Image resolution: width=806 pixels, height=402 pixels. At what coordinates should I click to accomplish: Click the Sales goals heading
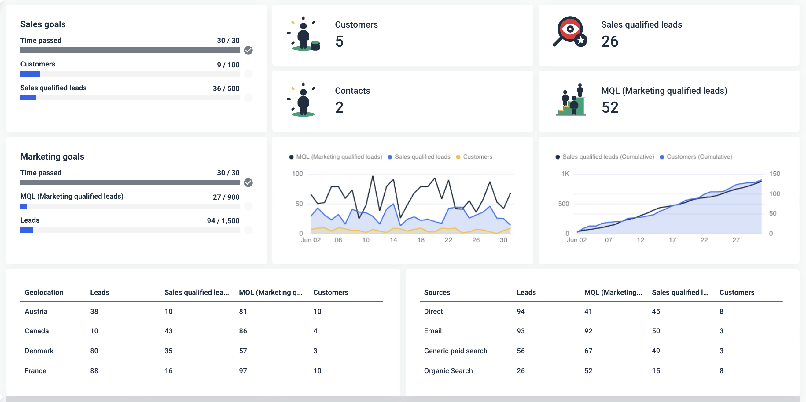click(x=43, y=24)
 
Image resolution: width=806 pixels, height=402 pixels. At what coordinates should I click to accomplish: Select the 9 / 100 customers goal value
click(x=228, y=65)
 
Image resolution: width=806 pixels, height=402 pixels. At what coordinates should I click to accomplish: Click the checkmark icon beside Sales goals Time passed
click(x=248, y=50)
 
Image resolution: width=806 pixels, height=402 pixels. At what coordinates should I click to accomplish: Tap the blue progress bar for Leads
click(x=27, y=230)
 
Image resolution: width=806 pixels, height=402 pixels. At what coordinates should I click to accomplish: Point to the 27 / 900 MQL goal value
click(x=226, y=197)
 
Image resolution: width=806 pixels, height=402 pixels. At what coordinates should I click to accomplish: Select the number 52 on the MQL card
click(x=609, y=107)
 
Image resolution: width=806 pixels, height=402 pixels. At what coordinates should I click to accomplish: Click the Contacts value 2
click(x=339, y=107)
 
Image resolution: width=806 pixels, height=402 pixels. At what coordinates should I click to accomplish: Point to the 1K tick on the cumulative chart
click(x=565, y=174)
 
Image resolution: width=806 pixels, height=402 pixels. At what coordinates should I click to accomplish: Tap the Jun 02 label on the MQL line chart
click(x=310, y=240)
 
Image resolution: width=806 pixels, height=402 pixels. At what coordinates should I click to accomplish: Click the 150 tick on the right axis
click(x=775, y=174)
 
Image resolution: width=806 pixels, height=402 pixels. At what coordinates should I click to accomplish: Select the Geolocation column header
click(x=44, y=292)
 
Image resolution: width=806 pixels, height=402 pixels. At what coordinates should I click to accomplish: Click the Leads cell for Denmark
click(x=94, y=351)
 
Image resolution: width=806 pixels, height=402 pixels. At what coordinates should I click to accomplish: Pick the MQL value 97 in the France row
click(x=243, y=371)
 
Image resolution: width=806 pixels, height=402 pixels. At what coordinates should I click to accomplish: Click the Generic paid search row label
click(x=455, y=351)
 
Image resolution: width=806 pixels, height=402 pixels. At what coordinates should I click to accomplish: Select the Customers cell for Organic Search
click(x=721, y=371)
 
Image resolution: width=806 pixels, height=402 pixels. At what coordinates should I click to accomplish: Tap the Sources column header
click(x=437, y=292)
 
